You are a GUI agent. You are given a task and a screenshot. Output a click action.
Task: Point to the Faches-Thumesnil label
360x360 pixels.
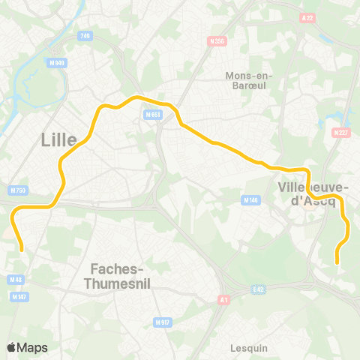120,276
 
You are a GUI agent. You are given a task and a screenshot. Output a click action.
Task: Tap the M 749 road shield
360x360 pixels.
85,35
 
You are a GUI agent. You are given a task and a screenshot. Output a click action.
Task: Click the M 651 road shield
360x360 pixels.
152,114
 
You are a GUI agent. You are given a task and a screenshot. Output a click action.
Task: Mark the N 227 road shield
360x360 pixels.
340,133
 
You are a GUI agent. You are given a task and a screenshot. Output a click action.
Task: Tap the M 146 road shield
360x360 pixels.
250,200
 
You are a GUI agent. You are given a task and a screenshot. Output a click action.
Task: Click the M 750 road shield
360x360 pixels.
19,190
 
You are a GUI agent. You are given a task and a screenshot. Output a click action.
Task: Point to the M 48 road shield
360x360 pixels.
16,280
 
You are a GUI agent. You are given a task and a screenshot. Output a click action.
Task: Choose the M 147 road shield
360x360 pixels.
19,297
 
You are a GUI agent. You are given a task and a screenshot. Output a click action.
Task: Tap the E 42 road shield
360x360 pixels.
259,289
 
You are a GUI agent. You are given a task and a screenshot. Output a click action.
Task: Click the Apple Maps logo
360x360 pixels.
27,347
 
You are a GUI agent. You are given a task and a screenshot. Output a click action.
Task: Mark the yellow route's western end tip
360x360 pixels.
21,249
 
